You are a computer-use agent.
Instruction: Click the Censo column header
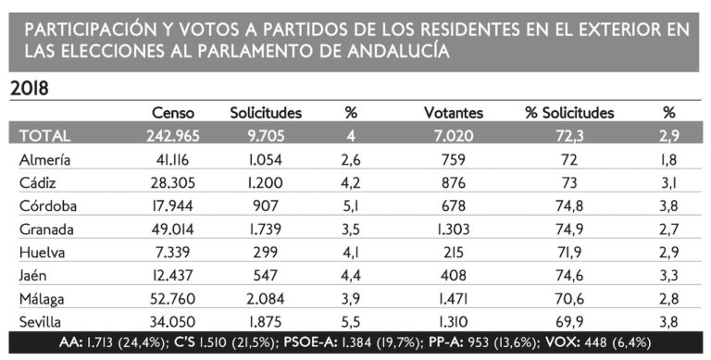coord(173,113)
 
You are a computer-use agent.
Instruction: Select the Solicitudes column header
coord(266,113)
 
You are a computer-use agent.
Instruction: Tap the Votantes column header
coord(454,113)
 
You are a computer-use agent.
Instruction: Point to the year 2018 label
coord(29,89)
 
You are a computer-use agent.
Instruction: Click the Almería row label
coord(44,159)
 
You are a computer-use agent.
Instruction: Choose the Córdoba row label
coord(47,205)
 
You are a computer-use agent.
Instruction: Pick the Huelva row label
coord(42,252)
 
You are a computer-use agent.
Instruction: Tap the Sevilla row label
coord(40,321)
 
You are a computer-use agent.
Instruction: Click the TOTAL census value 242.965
coord(173,136)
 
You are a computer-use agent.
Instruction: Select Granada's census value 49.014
coord(173,229)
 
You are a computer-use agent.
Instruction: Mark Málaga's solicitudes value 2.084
coord(267,298)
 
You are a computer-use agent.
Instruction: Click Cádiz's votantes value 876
coord(454,182)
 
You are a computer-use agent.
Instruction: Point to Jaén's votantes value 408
coord(454,275)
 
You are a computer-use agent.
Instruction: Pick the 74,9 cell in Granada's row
coord(569,229)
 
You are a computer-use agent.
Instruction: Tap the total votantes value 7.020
coord(454,136)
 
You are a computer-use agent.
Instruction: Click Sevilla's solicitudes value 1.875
coord(266,321)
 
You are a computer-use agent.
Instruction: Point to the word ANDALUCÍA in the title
coord(399,51)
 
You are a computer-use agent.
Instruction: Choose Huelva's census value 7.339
coord(173,252)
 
